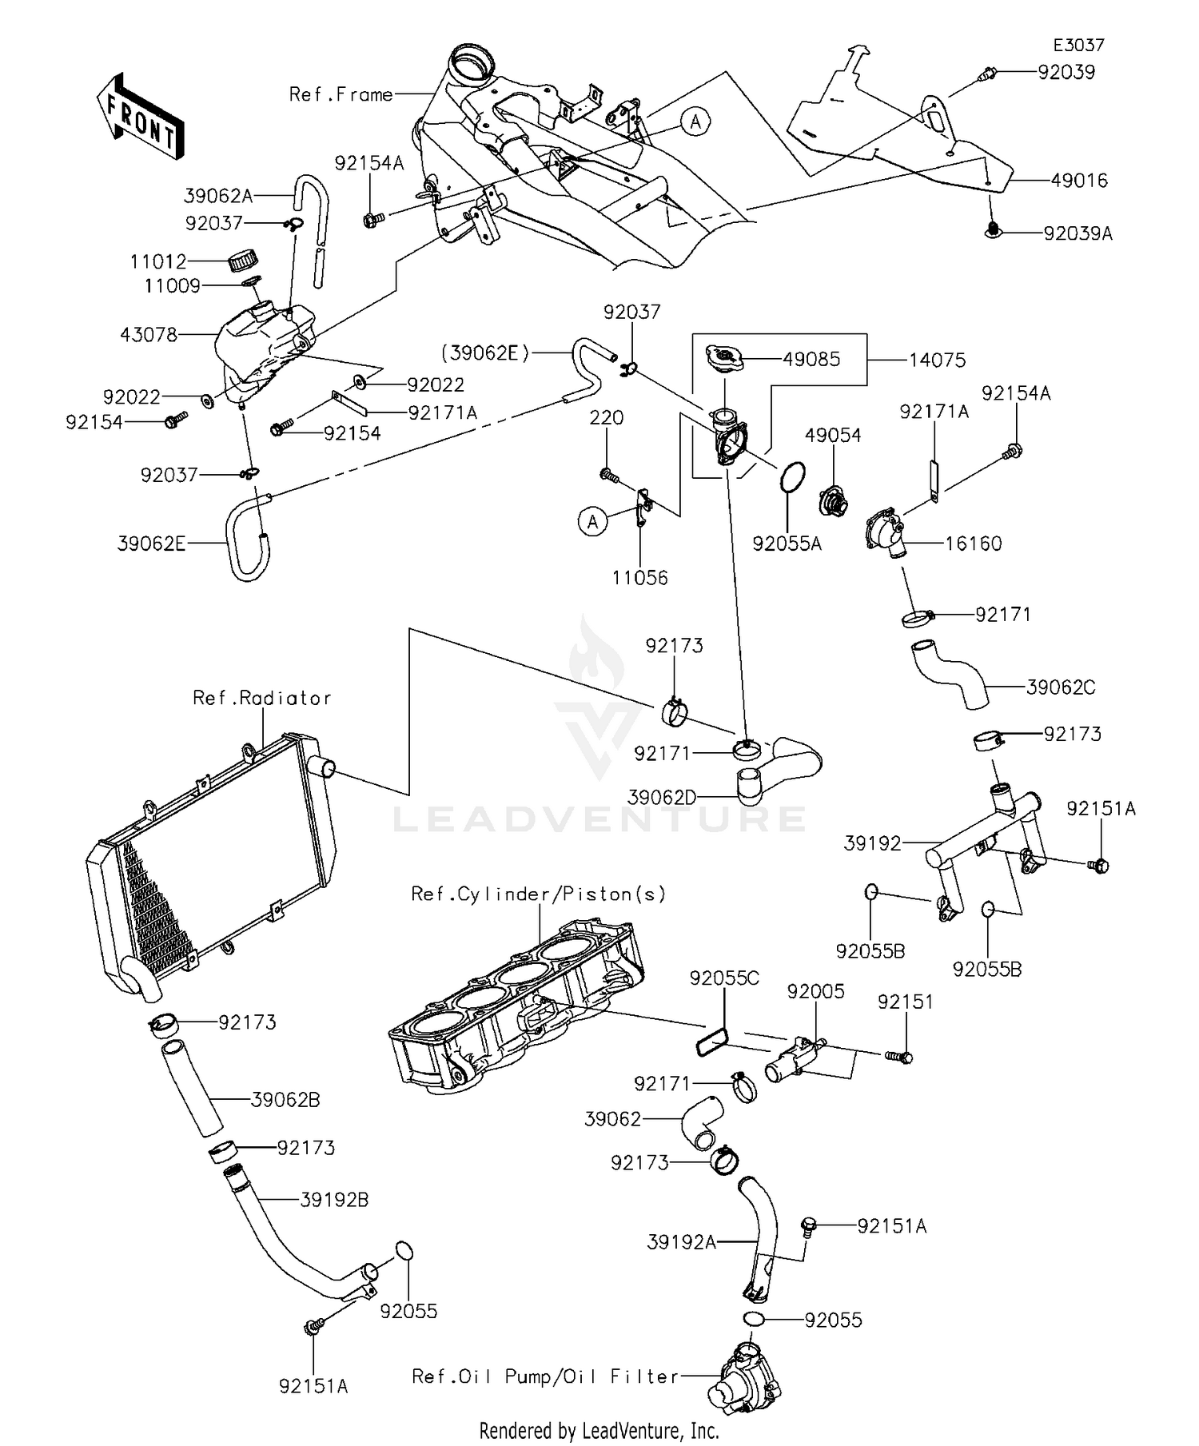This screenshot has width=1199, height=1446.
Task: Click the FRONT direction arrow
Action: point(141,119)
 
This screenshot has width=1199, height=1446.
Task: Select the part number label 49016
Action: point(1079,181)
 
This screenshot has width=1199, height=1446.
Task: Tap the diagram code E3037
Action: point(1078,46)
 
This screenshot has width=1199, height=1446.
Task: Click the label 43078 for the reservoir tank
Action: point(149,334)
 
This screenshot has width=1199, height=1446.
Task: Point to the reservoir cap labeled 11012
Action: point(244,261)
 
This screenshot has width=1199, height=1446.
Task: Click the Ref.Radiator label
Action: point(261,698)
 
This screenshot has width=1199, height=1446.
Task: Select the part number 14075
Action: point(937,360)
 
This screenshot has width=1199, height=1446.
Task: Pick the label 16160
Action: point(973,544)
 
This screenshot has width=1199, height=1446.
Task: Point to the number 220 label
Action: point(607,417)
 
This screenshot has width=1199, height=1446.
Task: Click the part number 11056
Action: point(639,577)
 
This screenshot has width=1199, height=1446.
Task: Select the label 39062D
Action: point(662,797)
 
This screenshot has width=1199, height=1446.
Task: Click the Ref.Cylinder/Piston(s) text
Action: point(538,894)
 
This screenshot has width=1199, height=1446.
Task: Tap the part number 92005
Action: point(815,991)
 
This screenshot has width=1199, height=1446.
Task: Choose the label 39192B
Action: point(334,1200)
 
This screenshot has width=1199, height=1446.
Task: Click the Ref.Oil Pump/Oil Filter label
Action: point(545,1376)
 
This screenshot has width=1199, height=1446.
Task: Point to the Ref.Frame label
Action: point(341,94)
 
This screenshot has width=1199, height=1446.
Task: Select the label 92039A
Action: point(1078,233)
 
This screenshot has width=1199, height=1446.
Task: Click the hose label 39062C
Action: point(1060,687)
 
